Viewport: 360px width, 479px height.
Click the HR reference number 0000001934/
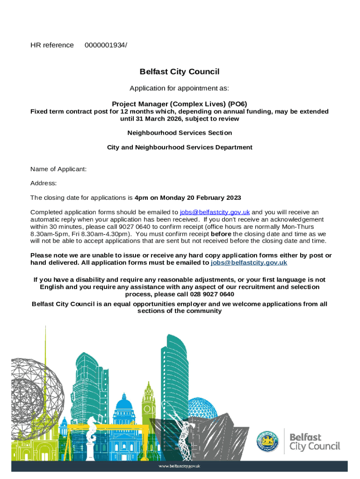pos(106,45)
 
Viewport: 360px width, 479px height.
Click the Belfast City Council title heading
pos(180,72)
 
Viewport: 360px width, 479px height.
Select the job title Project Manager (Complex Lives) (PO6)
pos(180,104)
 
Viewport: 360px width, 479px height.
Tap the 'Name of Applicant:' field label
pos(58,169)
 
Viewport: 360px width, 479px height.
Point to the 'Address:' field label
pos(43,183)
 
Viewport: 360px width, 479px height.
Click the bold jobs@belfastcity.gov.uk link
pos(249,263)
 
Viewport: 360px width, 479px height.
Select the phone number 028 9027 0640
pos(212,294)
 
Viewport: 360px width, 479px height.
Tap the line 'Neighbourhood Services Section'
pos(180,133)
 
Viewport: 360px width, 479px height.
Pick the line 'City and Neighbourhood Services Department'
pos(180,147)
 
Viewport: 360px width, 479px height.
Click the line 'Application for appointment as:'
pos(180,88)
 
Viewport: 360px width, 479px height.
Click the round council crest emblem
pos(267,441)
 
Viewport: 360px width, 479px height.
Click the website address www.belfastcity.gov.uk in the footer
pos(180,466)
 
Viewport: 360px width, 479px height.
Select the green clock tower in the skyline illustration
pos(149,402)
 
